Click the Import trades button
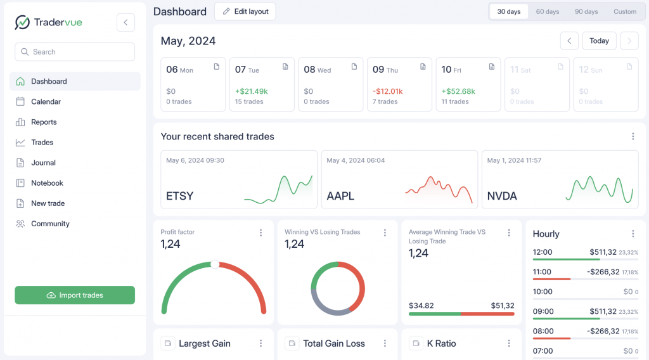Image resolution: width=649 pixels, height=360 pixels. point(75,295)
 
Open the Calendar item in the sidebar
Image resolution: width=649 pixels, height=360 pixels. point(46,101)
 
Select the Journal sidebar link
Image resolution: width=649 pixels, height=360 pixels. point(43,163)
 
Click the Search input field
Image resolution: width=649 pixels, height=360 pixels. point(75,52)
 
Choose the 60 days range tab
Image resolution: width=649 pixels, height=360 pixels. point(548,12)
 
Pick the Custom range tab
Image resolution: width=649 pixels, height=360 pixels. point(625,12)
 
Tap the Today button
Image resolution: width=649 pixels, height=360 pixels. point(599,41)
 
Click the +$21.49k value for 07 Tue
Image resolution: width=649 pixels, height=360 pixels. point(251,91)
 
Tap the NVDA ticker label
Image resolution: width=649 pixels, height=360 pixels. point(502,196)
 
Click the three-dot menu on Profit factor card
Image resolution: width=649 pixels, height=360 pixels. point(260,233)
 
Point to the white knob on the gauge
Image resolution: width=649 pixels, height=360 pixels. point(215,264)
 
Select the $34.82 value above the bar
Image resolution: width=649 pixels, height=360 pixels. point(421,305)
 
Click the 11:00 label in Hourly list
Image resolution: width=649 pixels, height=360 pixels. point(543,272)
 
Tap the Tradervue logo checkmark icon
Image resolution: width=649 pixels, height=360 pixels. point(22,23)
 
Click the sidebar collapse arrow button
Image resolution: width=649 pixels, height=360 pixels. point(125,23)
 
